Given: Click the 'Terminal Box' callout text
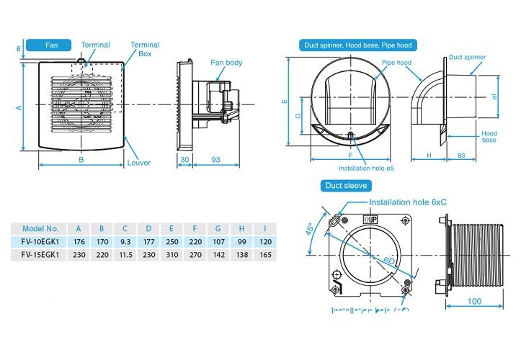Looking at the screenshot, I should tap(145, 49).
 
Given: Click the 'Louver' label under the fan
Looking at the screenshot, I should tap(139, 163).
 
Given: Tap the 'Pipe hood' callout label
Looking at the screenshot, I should tap(396, 63).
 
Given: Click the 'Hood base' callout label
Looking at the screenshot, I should tap(490, 137).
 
